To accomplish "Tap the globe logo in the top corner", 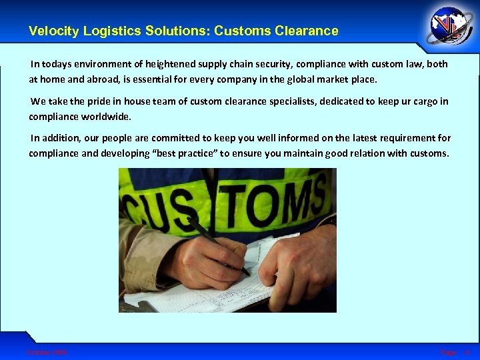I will click(451, 27).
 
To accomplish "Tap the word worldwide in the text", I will click(107, 117).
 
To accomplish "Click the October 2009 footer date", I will click(47, 351).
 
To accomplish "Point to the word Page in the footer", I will click(448, 351).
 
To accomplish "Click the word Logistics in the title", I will click(107, 31).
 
